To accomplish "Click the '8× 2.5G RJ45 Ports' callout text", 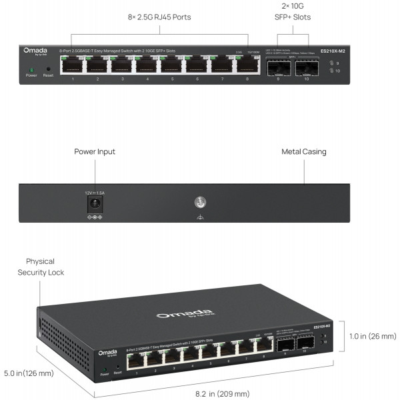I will [x=160, y=17].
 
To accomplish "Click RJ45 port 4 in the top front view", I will [x=147, y=65].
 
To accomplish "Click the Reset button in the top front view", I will [x=48, y=68].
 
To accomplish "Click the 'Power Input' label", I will [x=95, y=152].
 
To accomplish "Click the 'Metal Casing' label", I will [x=304, y=152].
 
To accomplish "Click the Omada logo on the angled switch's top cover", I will [x=175, y=315].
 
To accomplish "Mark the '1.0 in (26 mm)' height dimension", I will [x=373, y=336].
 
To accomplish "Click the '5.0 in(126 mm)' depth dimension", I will [x=29, y=373].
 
